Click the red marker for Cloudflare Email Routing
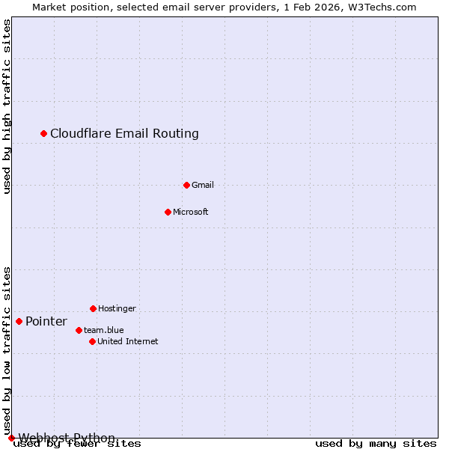(44, 133)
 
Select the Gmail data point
(186, 185)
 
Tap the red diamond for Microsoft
(168, 212)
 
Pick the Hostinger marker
(93, 308)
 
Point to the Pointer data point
(19, 321)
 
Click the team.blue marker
(79, 330)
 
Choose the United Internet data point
(92, 341)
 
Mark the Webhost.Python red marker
(11, 438)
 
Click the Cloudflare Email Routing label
(124, 133)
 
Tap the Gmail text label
(203, 185)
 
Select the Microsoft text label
(191, 212)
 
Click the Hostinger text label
(117, 308)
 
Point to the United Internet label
(128, 341)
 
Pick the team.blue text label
(104, 330)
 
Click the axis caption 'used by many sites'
(376, 443)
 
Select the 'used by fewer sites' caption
(78, 443)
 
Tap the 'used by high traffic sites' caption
(7, 106)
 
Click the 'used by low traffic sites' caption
(7, 350)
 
